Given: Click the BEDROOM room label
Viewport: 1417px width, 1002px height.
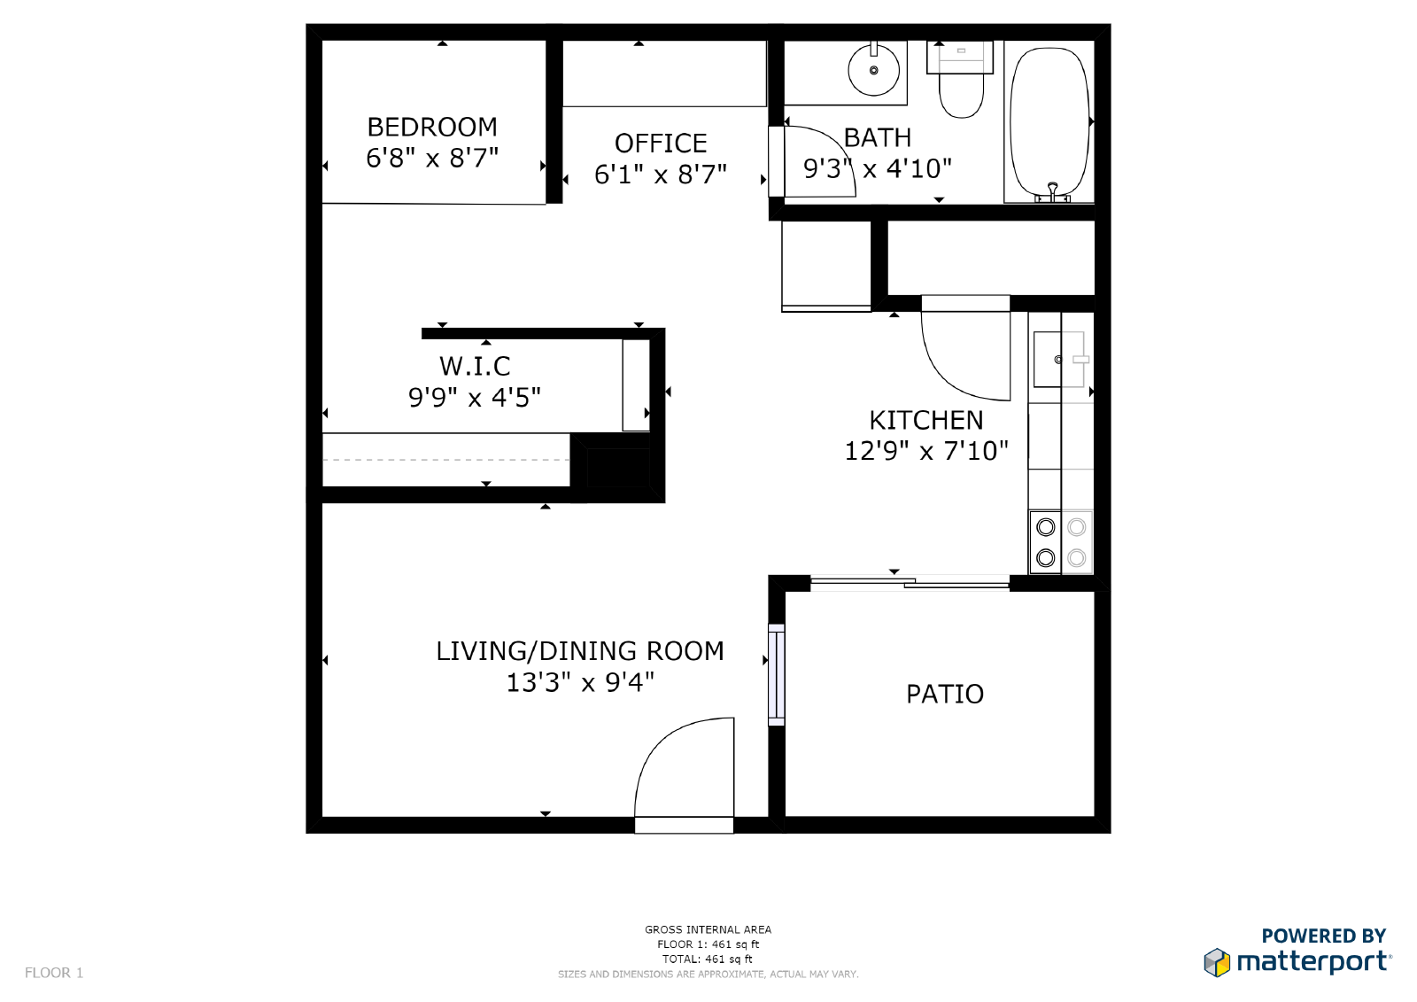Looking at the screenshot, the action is (432, 128).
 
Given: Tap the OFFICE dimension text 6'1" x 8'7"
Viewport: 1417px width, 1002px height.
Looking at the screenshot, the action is (661, 174).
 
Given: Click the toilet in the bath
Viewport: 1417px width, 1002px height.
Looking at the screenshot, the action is (961, 80).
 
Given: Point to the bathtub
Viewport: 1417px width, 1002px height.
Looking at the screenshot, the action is (1049, 123).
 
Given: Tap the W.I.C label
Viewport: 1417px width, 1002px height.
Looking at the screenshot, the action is (475, 366).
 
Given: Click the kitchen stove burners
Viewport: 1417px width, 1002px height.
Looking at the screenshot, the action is (1061, 542).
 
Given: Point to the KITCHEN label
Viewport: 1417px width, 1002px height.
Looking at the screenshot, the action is (926, 420).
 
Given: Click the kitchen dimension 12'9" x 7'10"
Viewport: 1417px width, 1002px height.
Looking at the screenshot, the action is (926, 451).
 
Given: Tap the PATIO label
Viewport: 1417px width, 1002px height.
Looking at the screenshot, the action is (944, 695).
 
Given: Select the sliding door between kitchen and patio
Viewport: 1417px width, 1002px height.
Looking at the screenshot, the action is (910, 583).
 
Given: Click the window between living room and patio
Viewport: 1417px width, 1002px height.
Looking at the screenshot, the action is (776, 675).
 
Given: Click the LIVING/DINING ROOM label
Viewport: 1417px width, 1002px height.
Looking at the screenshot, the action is (580, 651).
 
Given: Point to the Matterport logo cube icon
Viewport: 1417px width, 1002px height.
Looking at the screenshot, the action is (1217, 962).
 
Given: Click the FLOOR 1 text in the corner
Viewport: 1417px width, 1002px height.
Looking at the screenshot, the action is (54, 973).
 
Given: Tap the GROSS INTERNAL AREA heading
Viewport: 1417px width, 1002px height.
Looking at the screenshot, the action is (708, 929).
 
